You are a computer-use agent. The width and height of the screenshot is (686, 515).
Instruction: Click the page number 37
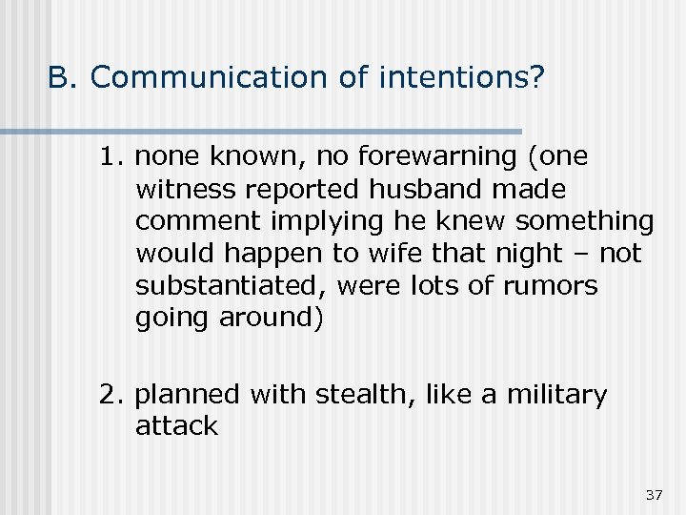coord(654,494)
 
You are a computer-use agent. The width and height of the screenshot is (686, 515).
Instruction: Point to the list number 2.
coord(110,395)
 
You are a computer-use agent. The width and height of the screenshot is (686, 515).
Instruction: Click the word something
coord(585,221)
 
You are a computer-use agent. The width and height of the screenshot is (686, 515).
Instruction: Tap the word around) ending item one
coord(271,319)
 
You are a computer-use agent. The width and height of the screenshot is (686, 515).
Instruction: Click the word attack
coord(176,426)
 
